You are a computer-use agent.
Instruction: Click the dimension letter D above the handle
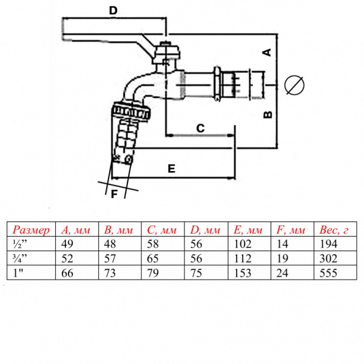(113, 10)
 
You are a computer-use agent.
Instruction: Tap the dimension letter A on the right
(267, 52)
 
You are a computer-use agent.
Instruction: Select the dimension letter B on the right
(268, 115)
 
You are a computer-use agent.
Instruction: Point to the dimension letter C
(200, 128)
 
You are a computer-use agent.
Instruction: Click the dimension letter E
(171, 169)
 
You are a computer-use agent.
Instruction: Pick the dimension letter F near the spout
(114, 194)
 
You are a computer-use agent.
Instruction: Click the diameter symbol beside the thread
(294, 85)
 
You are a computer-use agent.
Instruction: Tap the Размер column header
(31, 229)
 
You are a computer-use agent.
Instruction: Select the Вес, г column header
(334, 230)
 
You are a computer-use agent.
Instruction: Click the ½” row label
(20, 244)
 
